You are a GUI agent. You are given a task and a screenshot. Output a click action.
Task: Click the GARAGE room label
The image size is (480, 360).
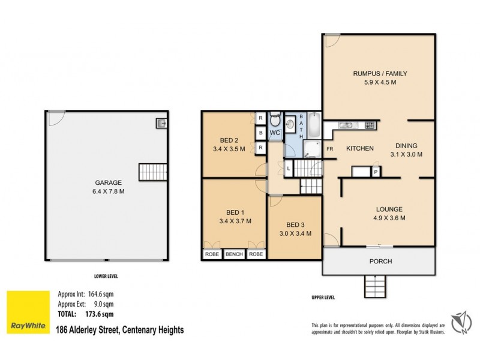click(x=108, y=182)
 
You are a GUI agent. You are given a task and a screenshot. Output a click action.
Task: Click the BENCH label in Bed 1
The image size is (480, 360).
click(x=233, y=254)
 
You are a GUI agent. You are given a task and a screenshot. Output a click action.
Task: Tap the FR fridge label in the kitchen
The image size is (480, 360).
click(x=329, y=148)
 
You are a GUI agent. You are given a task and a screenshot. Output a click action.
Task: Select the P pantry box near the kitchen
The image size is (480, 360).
click(x=376, y=172)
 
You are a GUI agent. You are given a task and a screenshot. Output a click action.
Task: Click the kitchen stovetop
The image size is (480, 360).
click(x=370, y=125)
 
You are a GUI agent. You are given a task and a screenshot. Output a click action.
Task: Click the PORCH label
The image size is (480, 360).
click(x=380, y=261)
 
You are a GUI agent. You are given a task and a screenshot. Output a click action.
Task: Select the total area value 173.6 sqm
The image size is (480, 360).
click(x=97, y=314)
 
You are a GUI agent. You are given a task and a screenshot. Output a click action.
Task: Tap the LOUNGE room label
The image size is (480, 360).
click(x=389, y=209)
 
